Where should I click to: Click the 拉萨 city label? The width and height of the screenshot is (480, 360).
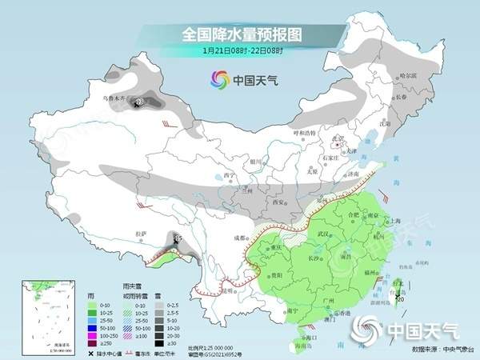click(142, 234)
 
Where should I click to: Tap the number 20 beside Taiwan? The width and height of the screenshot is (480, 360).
click(400, 300)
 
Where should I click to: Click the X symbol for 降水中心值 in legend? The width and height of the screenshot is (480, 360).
click(91, 349)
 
